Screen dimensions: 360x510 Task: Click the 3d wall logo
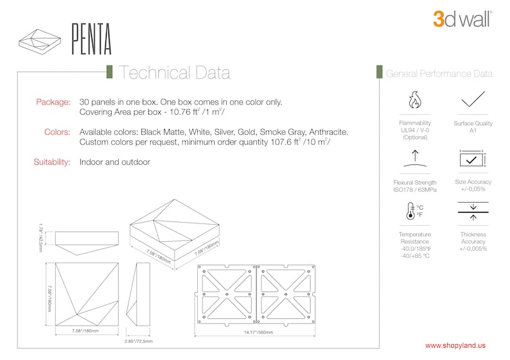point(462,19)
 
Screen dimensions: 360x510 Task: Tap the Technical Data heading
point(174,73)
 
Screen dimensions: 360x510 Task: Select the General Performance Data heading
point(439,74)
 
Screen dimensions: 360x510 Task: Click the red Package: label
point(53,102)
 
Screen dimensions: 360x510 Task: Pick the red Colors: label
point(57,132)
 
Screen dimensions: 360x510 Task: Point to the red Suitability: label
point(51,162)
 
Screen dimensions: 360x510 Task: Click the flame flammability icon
point(415,101)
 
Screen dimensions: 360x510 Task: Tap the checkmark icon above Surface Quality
point(473,99)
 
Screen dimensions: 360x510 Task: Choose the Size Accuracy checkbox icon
point(473,159)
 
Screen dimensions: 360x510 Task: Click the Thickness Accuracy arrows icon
point(473,211)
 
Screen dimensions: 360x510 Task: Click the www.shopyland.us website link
point(455,345)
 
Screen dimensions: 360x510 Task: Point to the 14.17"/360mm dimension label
point(258,332)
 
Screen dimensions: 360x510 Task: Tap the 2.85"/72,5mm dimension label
point(138,341)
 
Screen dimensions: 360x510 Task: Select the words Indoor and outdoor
point(114,162)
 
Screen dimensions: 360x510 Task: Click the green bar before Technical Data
point(110,72)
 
